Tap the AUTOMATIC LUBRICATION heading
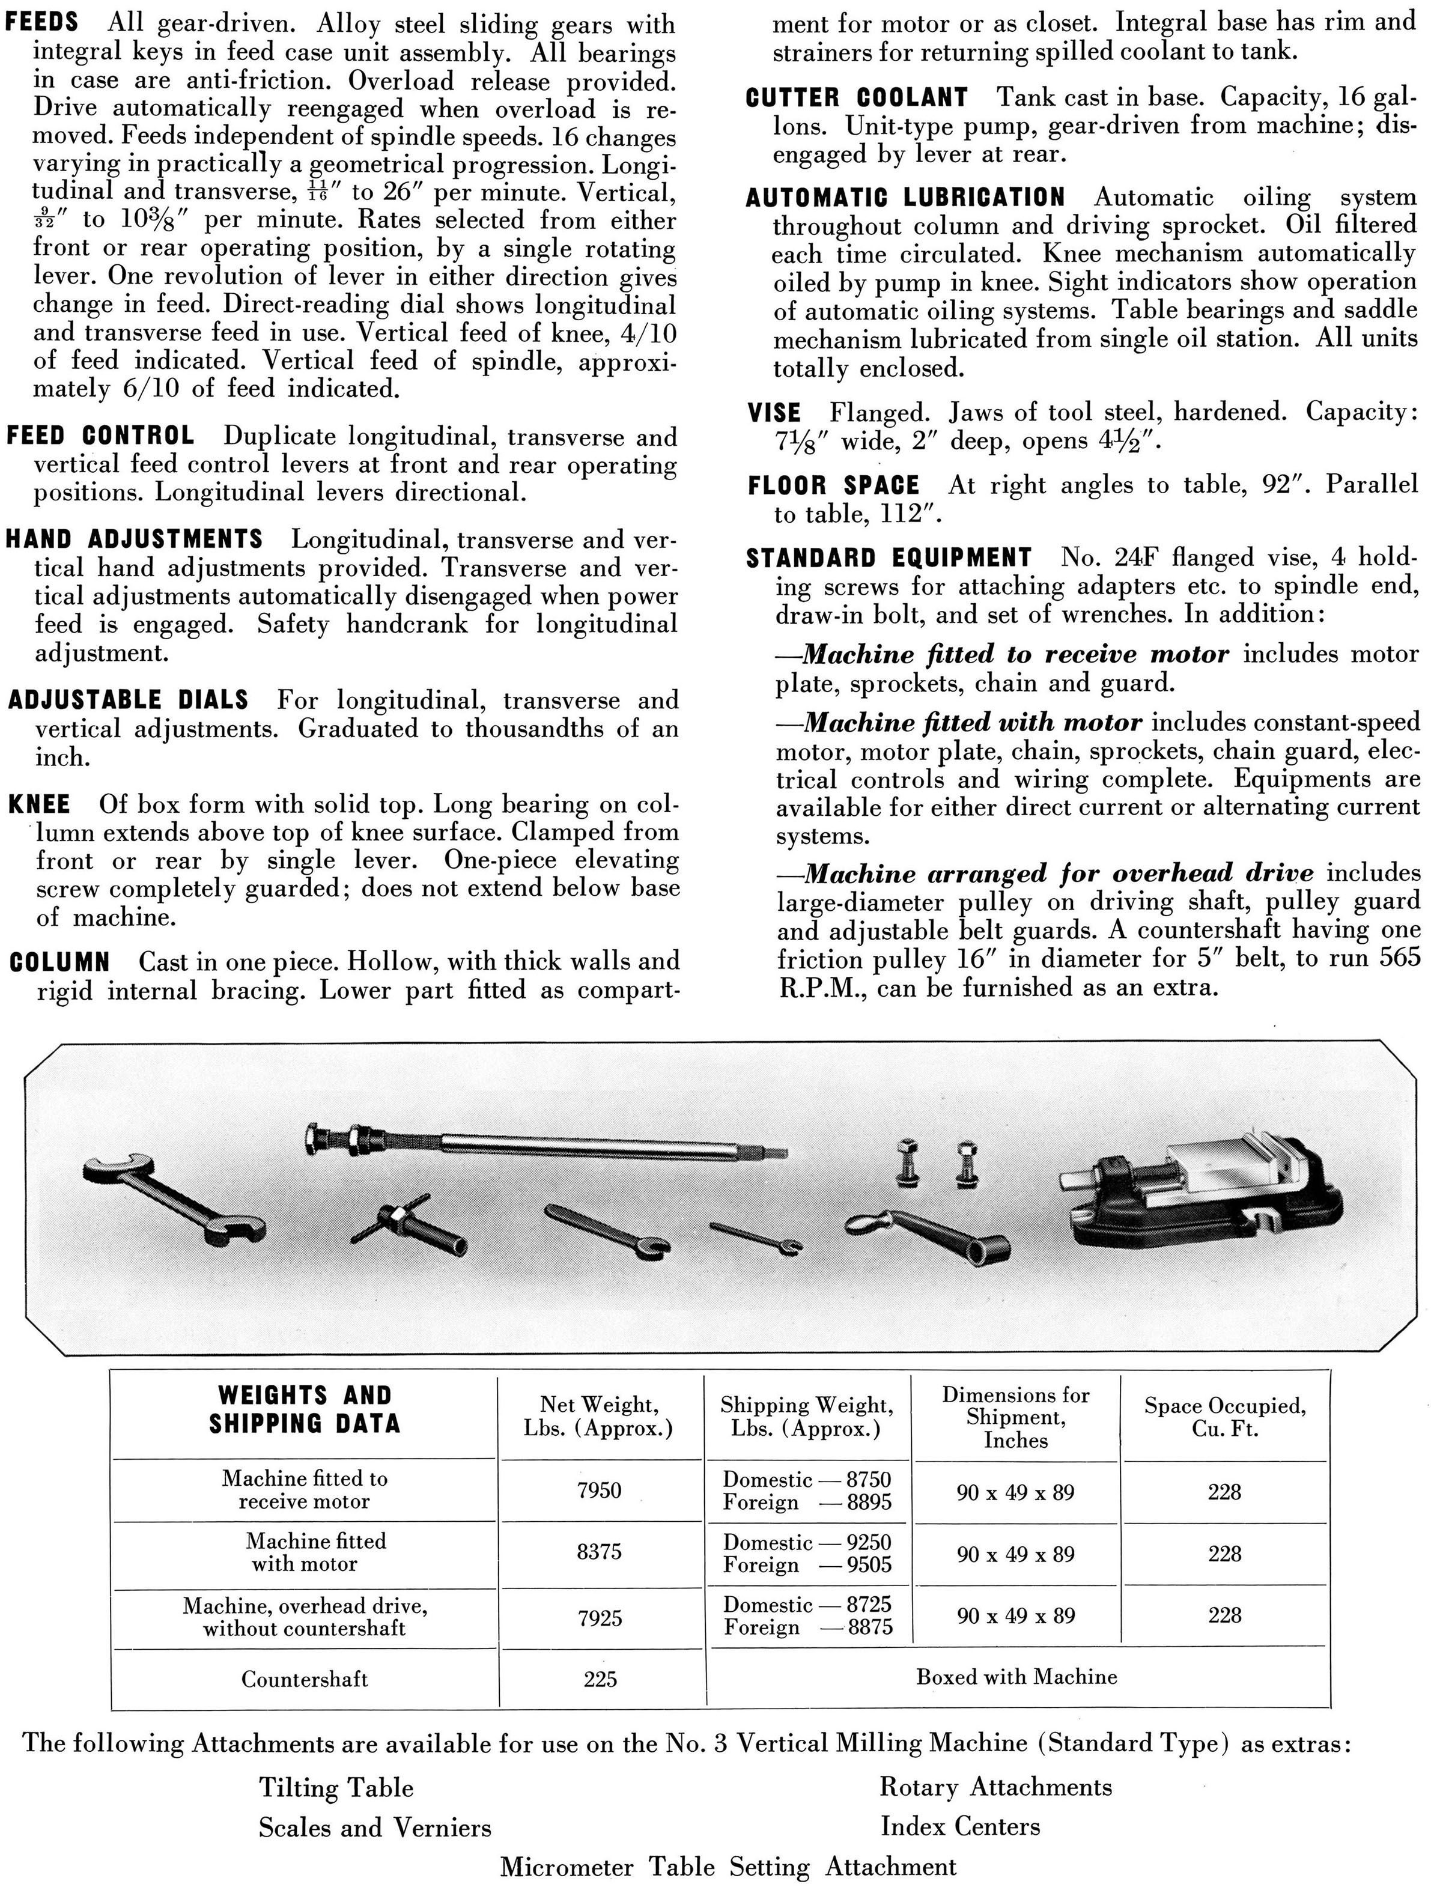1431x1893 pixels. click(905, 198)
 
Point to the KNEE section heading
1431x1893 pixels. click(40, 804)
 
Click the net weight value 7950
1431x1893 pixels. click(599, 1490)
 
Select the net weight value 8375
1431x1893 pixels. click(599, 1552)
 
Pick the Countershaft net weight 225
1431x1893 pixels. click(600, 1679)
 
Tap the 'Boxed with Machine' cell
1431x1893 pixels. click(1016, 1677)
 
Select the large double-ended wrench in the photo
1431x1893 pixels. click(174, 1200)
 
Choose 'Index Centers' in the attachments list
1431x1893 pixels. click(960, 1826)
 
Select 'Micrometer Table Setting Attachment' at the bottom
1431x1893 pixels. click(728, 1867)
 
